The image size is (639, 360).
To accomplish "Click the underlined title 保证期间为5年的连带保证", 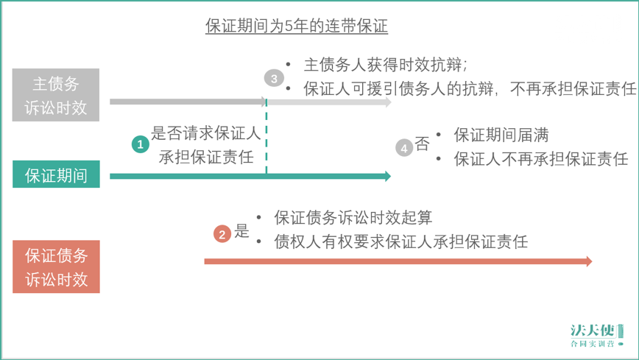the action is coord(296,26).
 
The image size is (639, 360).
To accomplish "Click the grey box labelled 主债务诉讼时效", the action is coord(56,95).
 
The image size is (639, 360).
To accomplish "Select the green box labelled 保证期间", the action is coord(56,174).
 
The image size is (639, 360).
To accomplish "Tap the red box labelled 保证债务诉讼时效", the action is coord(56,267).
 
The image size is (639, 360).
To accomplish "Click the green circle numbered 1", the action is coord(140,144).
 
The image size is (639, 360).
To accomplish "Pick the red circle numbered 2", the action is coord(222,234).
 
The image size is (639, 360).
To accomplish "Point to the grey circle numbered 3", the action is coord(274,78).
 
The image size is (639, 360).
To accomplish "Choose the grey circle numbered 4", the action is coord(404,148).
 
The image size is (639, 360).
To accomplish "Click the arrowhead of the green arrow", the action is coord(388,176).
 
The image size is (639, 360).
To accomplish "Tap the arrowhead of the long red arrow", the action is coord(589,261).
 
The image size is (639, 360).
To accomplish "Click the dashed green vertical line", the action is coord(266,136).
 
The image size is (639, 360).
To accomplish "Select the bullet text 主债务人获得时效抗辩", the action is coord(383,64).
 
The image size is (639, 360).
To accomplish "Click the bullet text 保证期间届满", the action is coord(501,135).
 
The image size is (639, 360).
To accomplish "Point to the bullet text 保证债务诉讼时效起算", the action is coord(353,217).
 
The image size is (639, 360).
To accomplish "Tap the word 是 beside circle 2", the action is coord(241,230).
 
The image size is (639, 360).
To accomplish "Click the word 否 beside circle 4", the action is coord(423,144).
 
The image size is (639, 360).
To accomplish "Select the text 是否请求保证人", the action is coord(206,133).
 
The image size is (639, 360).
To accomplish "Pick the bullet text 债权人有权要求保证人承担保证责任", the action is coord(401,241).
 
